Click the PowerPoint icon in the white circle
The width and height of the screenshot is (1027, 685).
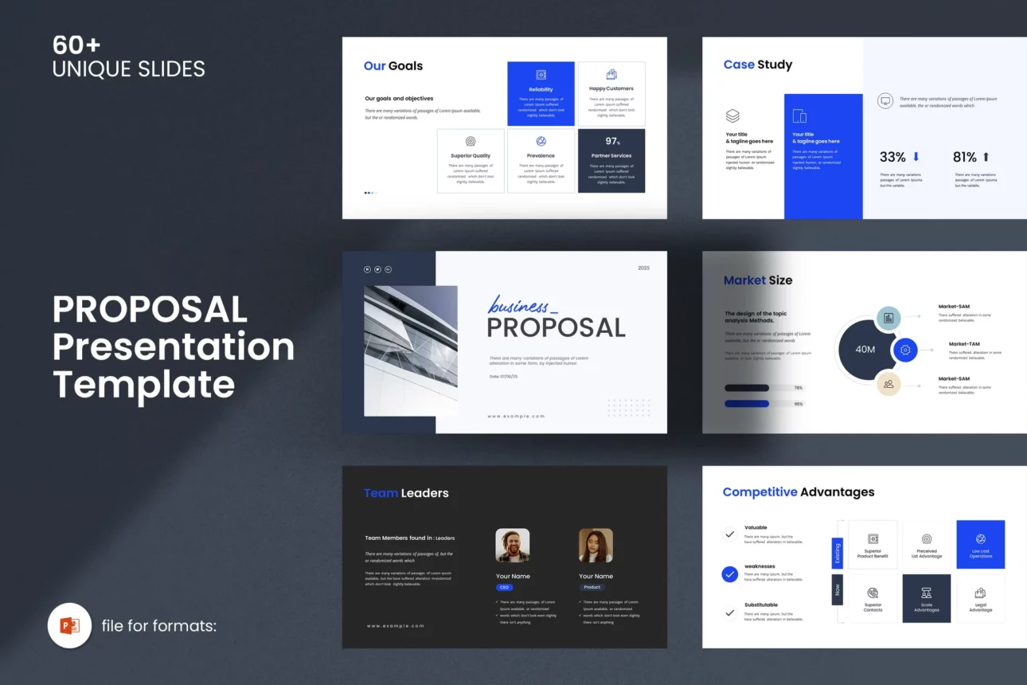pos(70,625)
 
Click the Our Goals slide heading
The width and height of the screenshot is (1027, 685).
pos(393,66)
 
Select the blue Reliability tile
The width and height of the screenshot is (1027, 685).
pos(541,94)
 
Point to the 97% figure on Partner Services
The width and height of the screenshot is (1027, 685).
pos(612,142)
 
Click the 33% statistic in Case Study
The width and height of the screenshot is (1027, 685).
pos(892,157)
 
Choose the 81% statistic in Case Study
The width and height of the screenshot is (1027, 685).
pos(965,157)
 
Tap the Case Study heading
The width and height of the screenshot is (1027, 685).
pos(758,65)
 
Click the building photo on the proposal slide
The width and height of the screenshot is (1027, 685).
pos(411,350)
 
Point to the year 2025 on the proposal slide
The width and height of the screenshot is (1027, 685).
pos(643,268)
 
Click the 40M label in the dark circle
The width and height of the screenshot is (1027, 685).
pos(865,350)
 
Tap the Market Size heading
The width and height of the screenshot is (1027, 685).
pos(758,280)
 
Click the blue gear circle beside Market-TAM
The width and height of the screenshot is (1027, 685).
pos(905,350)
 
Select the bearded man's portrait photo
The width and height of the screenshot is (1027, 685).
pos(513,546)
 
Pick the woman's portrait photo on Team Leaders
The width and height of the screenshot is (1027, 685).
pos(596,546)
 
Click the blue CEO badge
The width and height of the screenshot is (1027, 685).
pos(504,587)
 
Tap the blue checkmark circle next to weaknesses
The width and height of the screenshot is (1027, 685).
pos(730,573)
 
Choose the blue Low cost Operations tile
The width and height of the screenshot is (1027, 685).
pos(981,545)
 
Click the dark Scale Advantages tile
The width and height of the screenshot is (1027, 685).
pos(927,598)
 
